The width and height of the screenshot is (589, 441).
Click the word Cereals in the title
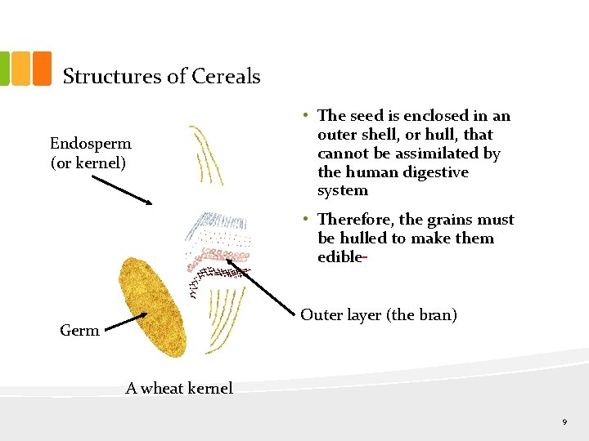pos(226,77)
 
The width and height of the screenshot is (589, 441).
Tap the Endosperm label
pos(91,144)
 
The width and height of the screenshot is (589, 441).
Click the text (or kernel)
pos(88,163)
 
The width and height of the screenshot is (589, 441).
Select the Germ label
pos(79,331)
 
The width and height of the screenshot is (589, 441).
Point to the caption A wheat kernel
pos(179,389)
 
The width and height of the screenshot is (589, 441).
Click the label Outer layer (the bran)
pos(378,315)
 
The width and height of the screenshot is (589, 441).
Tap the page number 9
pos(564,421)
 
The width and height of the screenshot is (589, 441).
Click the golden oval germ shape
pos(152,307)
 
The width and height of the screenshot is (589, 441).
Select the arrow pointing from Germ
pos(126,322)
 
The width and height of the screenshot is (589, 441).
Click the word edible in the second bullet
pos(339,257)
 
